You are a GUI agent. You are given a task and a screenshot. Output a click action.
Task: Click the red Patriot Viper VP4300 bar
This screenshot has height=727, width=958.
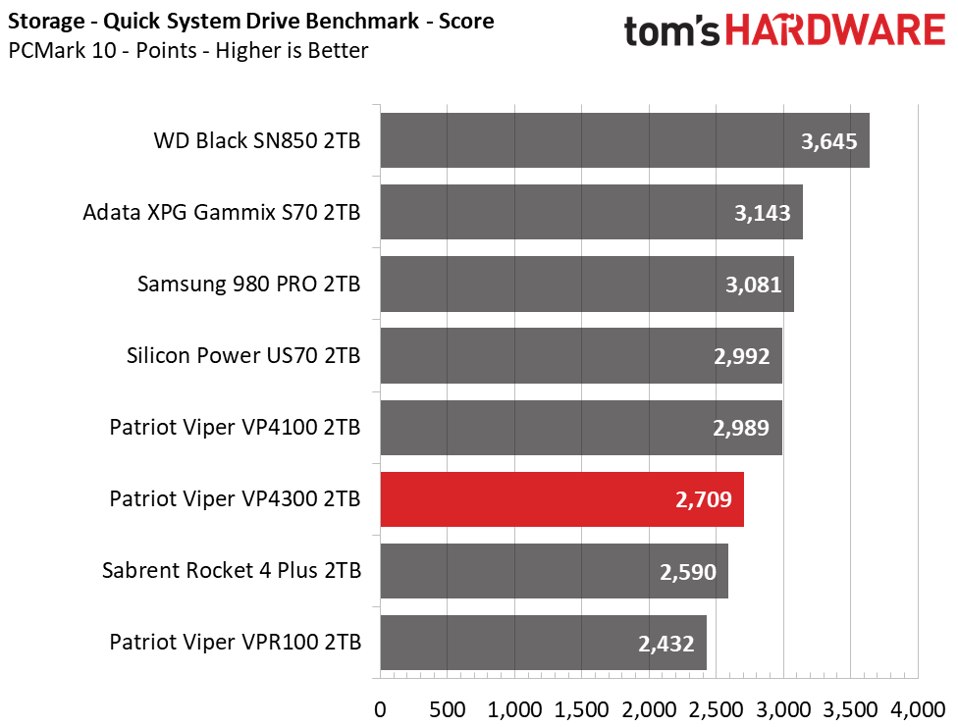point(562,499)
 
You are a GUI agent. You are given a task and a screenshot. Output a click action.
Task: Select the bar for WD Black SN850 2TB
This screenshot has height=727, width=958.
point(625,140)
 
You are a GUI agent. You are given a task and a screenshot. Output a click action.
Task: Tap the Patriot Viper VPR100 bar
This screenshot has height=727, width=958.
point(543,643)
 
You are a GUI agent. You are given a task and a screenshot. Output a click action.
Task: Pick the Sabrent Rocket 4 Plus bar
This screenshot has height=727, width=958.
point(555,571)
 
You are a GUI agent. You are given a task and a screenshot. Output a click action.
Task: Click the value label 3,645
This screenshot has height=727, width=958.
point(829,141)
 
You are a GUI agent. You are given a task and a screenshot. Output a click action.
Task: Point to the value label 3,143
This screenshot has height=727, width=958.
point(763,213)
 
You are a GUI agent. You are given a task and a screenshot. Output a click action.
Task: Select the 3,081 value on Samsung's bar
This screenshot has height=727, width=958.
point(753,285)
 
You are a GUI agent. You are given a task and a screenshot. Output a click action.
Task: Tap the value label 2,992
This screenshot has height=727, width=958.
point(742,356)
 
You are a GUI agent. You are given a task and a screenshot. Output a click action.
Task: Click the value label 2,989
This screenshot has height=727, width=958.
point(741,428)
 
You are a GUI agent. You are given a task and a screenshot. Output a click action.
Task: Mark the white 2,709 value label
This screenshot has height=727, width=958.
point(703,499)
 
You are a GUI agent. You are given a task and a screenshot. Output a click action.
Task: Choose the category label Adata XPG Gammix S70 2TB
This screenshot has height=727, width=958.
point(222,213)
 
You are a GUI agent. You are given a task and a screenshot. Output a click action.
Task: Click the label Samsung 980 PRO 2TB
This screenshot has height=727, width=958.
point(249,285)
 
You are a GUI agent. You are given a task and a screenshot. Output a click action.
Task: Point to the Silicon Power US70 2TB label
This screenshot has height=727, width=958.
point(243,355)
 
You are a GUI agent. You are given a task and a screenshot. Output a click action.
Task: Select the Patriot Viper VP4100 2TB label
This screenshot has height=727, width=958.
point(236,427)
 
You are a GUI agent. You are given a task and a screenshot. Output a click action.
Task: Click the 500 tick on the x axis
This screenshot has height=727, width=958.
point(448,710)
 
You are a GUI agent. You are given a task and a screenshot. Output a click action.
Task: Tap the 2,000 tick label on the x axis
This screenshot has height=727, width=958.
point(649,710)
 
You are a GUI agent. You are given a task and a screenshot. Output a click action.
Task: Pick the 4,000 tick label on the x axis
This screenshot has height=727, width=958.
point(918,710)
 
